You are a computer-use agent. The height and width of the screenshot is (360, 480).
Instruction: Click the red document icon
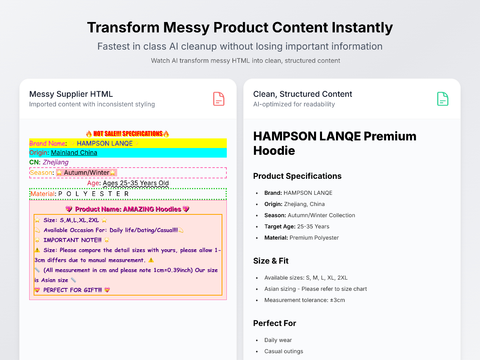pyautogui.click(x=219, y=99)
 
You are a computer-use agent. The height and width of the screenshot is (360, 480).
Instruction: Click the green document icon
pyautogui.click(x=443, y=99)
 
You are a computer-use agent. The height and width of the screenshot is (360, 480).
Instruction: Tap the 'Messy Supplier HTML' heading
pyautogui.click(x=71, y=94)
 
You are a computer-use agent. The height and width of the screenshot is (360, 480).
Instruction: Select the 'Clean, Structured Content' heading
pyautogui.click(x=302, y=94)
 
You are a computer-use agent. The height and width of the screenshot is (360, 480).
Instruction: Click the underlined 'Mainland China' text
pyautogui.click(x=74, y=152)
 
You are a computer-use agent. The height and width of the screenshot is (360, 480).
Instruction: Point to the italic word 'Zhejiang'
pyautogui.click(x=56, y=162)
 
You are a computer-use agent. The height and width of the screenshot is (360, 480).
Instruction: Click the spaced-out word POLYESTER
pyautogui.click(x=94, y=194)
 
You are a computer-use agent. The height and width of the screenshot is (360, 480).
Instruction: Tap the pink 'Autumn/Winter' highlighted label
pyautogui.click(x=86, y=173)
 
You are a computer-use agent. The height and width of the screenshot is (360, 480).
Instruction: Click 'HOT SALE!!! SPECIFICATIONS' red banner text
pyautogui.click(x=128, y=134)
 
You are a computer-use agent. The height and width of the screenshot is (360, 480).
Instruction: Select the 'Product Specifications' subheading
pyautogui.click(x=297, y=176)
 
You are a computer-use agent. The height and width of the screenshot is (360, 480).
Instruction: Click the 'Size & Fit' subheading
pyautogui.click(x=271, y=261)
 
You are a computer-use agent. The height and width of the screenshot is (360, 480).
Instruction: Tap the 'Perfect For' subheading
pyautogui.click(x=274, y=323)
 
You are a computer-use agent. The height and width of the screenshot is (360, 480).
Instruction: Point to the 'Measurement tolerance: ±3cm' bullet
pyautogui.click(x=305, y=300)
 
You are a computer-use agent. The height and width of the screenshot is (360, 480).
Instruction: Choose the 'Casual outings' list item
pyautogui.click(x=284, y=351)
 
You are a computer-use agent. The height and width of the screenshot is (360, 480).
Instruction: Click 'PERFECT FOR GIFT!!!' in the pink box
pyautogui.click(x=73, y=290)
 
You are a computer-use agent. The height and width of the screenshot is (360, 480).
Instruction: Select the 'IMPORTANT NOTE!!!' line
pyautogui.click(x=72, y=240)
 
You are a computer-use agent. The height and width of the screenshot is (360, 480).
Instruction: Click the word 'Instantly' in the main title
pyautogui.click(x=362, y=28)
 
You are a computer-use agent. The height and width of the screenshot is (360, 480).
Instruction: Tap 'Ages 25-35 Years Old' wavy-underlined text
pyautogui.click(x=136, y=183)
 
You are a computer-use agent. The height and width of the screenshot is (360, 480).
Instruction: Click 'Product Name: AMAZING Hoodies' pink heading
pyautogui.click(x=128, y=209)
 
